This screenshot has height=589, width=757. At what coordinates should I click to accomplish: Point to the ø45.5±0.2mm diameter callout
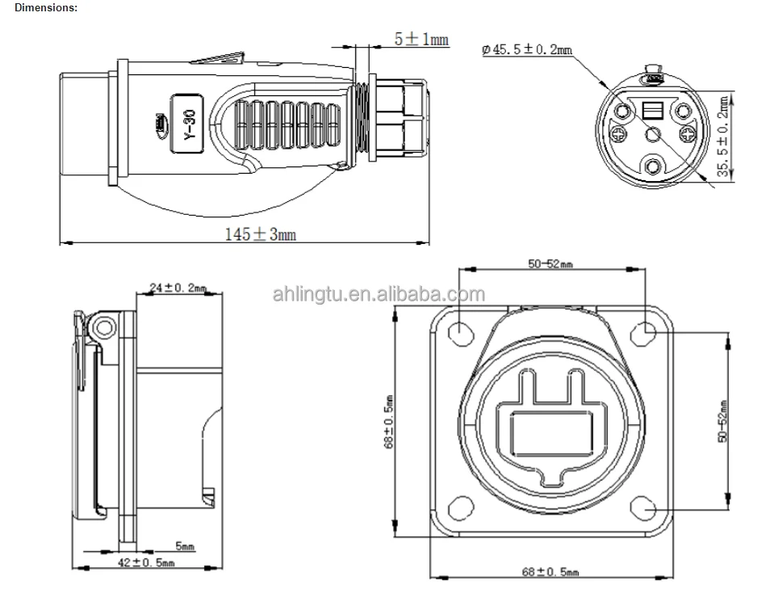526,49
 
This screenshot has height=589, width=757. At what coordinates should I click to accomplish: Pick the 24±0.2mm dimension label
178,288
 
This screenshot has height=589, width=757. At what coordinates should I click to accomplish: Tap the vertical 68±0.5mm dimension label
389,421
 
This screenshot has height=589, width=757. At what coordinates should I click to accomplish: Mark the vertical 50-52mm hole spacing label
723,421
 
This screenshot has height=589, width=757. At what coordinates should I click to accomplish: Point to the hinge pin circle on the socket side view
102,327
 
